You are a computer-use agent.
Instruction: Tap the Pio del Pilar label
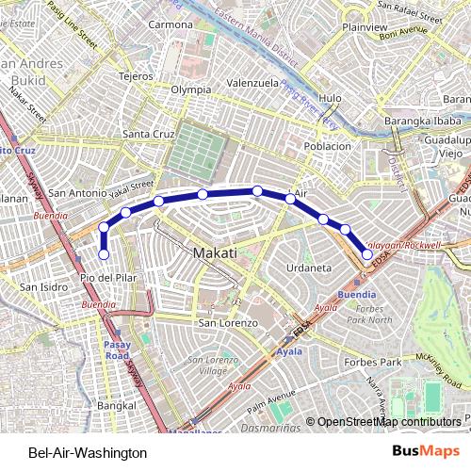pyautogui.click(x=109, y=279)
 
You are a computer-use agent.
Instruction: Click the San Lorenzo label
pyautogui.click(x=220, y=323)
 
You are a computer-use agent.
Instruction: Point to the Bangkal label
pyautogui.click(x=116, y=405)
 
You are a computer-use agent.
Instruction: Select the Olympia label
pyautogui.click(x=191, y=90)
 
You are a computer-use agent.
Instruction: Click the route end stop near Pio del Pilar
pyautogui.click(x=104, y=253)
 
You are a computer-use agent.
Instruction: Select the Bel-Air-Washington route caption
pyautogui.click(x=88, y=453)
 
